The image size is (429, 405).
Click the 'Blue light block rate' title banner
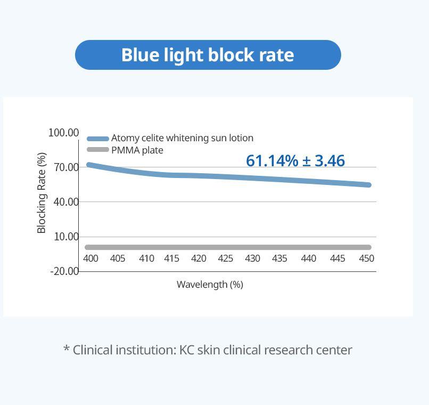pyautogui.click(x=208, y=55)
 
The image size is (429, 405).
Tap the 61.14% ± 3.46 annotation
pyautogui.click(x=295, y=160)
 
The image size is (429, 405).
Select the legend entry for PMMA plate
pyautogui.click(x=137, y=150)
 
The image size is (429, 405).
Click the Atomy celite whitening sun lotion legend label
pyautogui.click(x=182, y=138)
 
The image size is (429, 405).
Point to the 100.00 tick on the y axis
pyautogui.click(x=63, y=133)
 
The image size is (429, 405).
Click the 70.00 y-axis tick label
pyautogui.click(x=66, y=167)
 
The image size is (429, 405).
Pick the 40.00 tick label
pyautogui.click(x=66, y=202)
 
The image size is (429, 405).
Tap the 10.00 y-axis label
pyautogui.click(x=66, y=237)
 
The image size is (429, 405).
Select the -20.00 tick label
pyautogui.click(x=64, y=271)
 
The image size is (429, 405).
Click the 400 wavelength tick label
pyautogui.click(x=91, y=258)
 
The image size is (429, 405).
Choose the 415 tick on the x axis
pyautogui.click(x=171, y=258)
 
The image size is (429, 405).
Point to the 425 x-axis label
pyautogui.click(x=226, y=258)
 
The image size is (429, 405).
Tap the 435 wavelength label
pyautogui.click(x=279, y=258)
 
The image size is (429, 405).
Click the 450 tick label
pyautogui.click(x=366, y=258)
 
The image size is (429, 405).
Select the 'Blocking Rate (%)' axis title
pyautogui.click(x=42, y=193)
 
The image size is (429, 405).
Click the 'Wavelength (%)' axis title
pyautogui.click(x=210, y=285)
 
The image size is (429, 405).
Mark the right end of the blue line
pyautogui.click(x=368, y=185)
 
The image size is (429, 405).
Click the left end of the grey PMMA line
pyautogui.click(x=88, y=247)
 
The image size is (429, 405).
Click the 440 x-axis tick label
pyautogui.click(x=308, y=258)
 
